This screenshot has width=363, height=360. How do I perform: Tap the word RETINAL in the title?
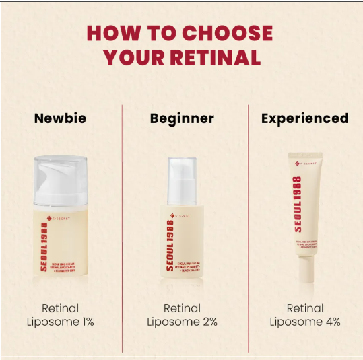pyautogui.click(x=215, y=58)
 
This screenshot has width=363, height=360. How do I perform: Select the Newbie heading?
pyautogui.click(x=60, y=119)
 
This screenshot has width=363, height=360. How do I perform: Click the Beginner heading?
pyautogui.click(x=182, y=119)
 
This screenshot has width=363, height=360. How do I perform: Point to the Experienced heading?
pyautogui.click(x=304, y=119)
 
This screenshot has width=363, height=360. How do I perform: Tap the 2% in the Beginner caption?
pyautogui.click(x=209, y=322)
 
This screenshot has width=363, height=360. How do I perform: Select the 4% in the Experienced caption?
pyautogui.click(x=331, y=322)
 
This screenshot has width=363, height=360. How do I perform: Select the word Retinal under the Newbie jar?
pyautogui.click(x=60, y=308)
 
